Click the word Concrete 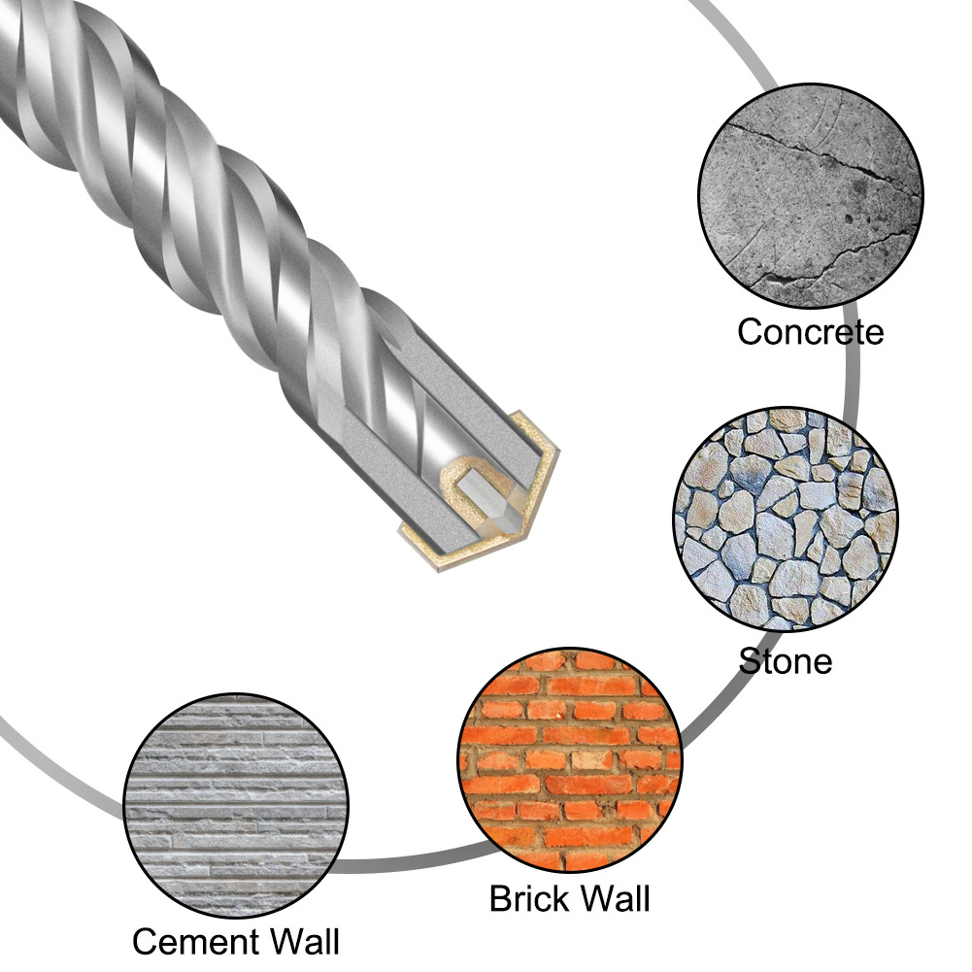(x=810, y=332)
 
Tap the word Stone (x=786, y=661)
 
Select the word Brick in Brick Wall (x=527, y=897)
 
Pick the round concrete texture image (x=811, y=197)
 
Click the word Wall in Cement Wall (x=294, y=942)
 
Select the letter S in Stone (x=750, y=661)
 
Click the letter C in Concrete (x=750, y=332)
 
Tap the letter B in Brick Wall (x=499, y=897)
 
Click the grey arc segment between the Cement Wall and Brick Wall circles (x=398, y=862)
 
